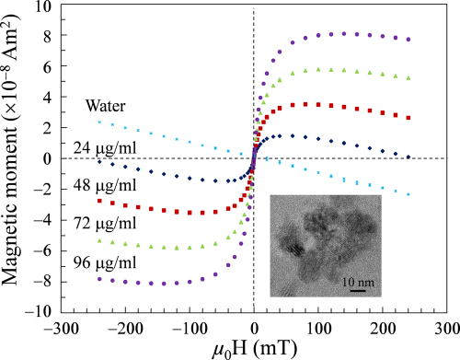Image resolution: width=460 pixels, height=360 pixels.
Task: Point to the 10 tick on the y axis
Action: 43,6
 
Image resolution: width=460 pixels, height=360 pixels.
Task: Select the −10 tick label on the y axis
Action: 40,312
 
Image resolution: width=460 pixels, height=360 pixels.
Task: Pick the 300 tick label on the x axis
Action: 446,327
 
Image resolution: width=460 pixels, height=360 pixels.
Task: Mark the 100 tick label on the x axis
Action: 319,327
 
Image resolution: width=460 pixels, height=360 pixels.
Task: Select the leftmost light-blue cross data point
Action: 98,122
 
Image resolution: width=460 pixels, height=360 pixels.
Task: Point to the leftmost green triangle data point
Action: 98,241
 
